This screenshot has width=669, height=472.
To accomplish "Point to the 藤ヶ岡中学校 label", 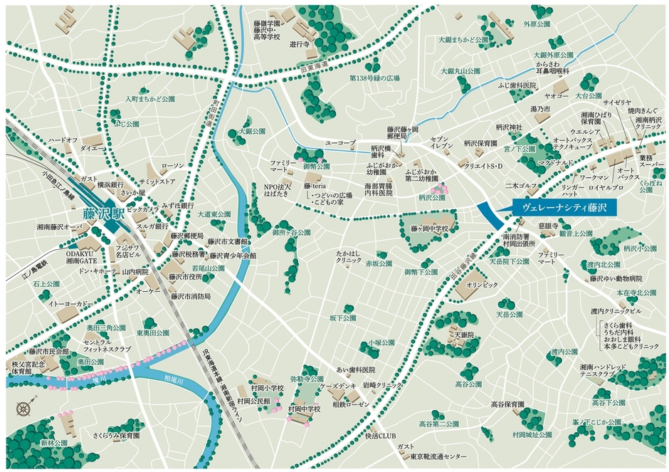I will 429,229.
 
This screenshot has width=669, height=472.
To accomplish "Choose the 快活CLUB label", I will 379,436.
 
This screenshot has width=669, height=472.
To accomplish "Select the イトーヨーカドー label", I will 69,304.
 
